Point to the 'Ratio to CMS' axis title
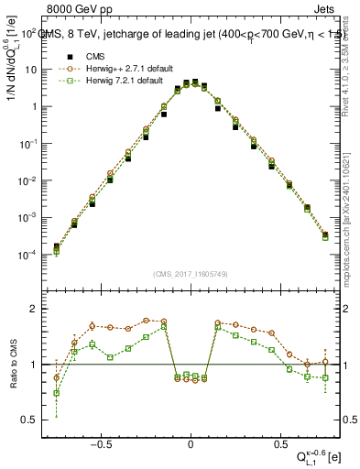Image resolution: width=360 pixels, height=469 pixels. pos(16,365)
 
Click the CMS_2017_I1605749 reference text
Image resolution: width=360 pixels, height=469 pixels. pos(191,274)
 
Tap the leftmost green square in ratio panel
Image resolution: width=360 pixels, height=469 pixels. pos(57,393)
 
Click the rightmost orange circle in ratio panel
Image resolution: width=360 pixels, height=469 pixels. pos(325,362)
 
